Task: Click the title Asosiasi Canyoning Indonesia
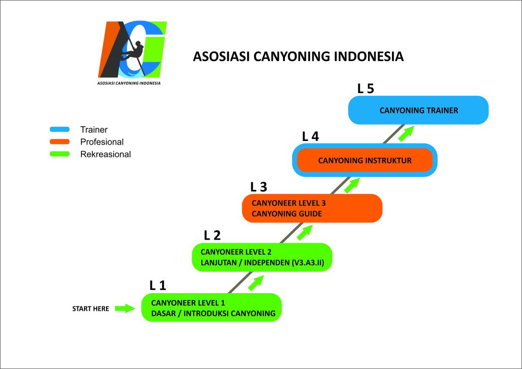(298, 56)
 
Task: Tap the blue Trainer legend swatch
(60, 130)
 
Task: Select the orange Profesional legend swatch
(60, 142)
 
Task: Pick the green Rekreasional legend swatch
(60, 154)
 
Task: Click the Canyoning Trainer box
(418, 110)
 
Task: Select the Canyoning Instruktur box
(364, 160)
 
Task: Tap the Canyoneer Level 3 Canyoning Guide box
(311, 208)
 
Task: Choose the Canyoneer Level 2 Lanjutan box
(262, 257)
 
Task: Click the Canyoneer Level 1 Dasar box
(212, 307)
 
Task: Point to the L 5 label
(366, 89)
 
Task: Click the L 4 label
(310, 136)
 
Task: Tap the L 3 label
(258, 187)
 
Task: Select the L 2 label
(212, 235)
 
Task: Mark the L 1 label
(158, 285)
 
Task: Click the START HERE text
(91, 308)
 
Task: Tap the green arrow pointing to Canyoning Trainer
(406, 133)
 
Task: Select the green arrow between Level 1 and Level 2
(255, 283)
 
